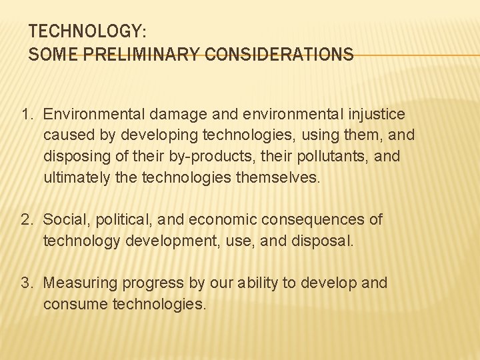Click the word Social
67,219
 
